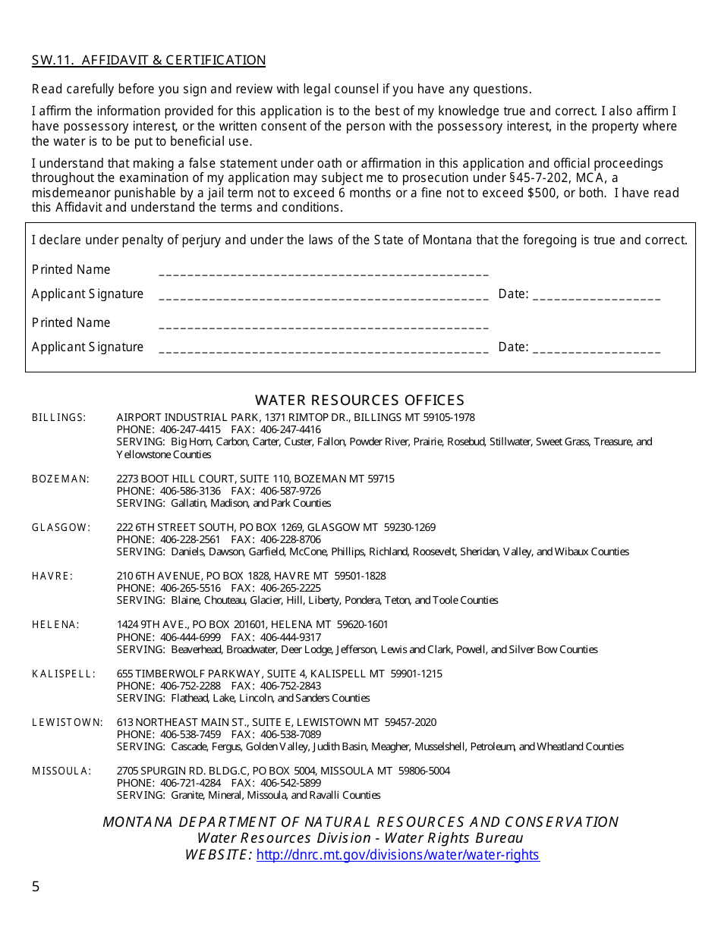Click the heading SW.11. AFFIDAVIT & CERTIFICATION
149,61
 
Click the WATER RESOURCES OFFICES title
360,401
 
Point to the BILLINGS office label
58,418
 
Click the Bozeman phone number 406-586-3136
190,491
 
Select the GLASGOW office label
61,527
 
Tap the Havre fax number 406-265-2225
290,588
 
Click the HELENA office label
55,625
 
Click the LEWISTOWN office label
67,722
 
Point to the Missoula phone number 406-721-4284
190,783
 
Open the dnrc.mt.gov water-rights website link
398,855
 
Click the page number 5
36,887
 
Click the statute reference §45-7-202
545,178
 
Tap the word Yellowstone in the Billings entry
143,454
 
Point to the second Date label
512,347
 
